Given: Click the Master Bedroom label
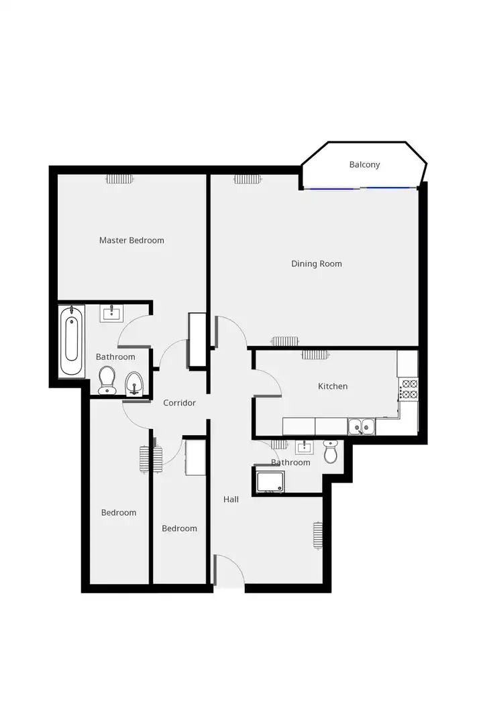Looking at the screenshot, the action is coord(131,240).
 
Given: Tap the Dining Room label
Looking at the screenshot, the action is coord(317,264).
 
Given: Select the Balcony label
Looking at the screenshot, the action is coord(365,165).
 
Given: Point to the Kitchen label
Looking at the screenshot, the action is coord(333,386).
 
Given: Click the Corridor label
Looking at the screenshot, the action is coord(179,403).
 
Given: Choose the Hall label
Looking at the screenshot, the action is coord(231,499).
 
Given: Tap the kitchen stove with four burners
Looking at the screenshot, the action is coord(409,389).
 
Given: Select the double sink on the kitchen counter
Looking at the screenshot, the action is coord(362,426).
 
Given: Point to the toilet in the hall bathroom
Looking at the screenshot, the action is coord(331,451).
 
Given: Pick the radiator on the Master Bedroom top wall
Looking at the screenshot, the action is coord(120,179).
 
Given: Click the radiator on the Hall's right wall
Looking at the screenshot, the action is coord(317,535).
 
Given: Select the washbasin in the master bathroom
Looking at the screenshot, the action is coord(111,314).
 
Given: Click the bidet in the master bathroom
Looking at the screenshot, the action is coord(134,383).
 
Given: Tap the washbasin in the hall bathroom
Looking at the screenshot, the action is coord(304,447).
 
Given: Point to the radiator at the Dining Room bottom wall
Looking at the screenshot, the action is coord(285,341).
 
